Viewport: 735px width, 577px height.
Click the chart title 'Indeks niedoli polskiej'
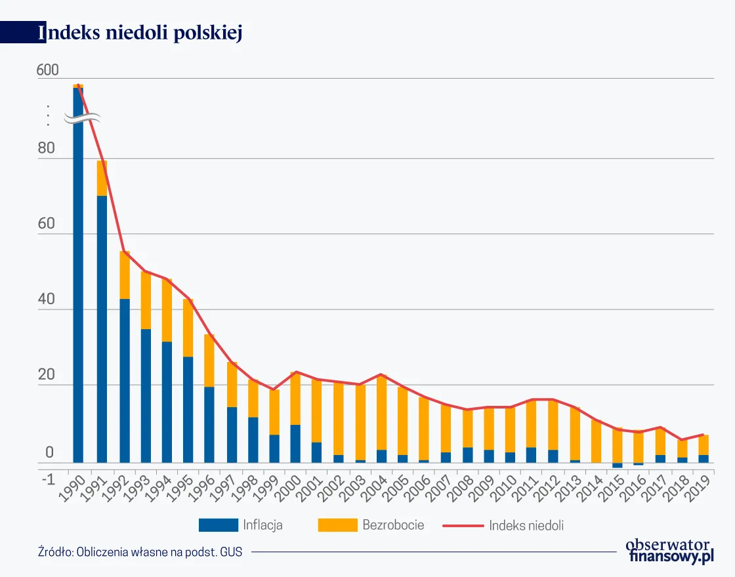140,33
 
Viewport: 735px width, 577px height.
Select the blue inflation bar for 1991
102,328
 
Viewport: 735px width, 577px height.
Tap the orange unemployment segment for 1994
167,311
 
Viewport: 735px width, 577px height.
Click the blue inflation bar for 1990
78,295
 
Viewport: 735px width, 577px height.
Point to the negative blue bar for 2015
617,465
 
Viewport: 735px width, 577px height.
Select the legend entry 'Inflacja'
241,525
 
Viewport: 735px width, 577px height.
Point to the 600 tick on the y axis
47,70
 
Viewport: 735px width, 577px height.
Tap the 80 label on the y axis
46,149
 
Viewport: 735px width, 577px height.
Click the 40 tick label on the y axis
46,300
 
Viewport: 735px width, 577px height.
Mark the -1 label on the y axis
47,479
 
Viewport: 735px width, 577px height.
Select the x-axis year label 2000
288,488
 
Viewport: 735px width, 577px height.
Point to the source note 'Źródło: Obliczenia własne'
140,551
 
